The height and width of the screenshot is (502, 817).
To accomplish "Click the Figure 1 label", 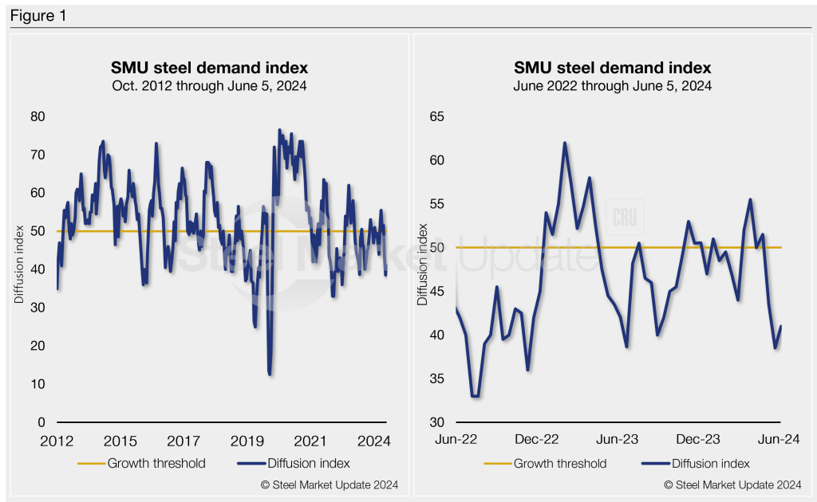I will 37,16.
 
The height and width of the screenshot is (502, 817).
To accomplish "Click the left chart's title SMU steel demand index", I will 208,68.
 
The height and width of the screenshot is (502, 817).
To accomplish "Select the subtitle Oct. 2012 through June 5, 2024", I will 208,85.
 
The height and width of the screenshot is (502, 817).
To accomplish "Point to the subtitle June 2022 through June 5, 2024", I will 612,85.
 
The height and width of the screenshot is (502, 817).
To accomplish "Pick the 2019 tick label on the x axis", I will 247,441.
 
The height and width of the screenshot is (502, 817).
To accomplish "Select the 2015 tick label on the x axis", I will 120,441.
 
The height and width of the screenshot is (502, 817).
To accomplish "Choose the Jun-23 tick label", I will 619,439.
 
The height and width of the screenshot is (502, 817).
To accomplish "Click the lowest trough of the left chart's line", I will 270,373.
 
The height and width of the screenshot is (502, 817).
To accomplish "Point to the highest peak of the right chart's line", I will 565,143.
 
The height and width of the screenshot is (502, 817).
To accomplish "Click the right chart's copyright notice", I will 732,484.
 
